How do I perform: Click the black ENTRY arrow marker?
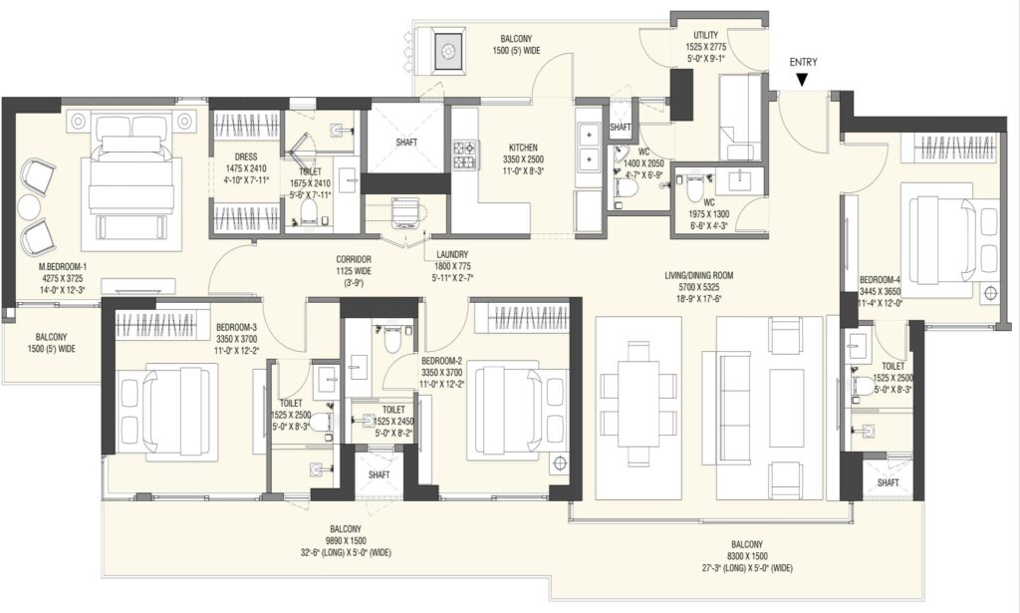click(803, 80)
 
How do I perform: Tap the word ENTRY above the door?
click(804, 63)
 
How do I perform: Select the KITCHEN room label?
click(523, 149)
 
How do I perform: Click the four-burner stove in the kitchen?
click(466, 154)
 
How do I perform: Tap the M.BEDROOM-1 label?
click(63, 267)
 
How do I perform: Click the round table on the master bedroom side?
click(29, 207)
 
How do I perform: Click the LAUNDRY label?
click(453, 255)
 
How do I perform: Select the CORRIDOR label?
click(354, 259)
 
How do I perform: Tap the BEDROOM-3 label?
click(237, 327)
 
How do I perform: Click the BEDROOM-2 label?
click(441, 361)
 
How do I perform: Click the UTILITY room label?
click(706, 35)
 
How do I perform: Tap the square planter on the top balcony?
click(447, 50)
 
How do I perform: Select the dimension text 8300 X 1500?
click(746, 556)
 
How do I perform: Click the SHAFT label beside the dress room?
click(406, 142)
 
